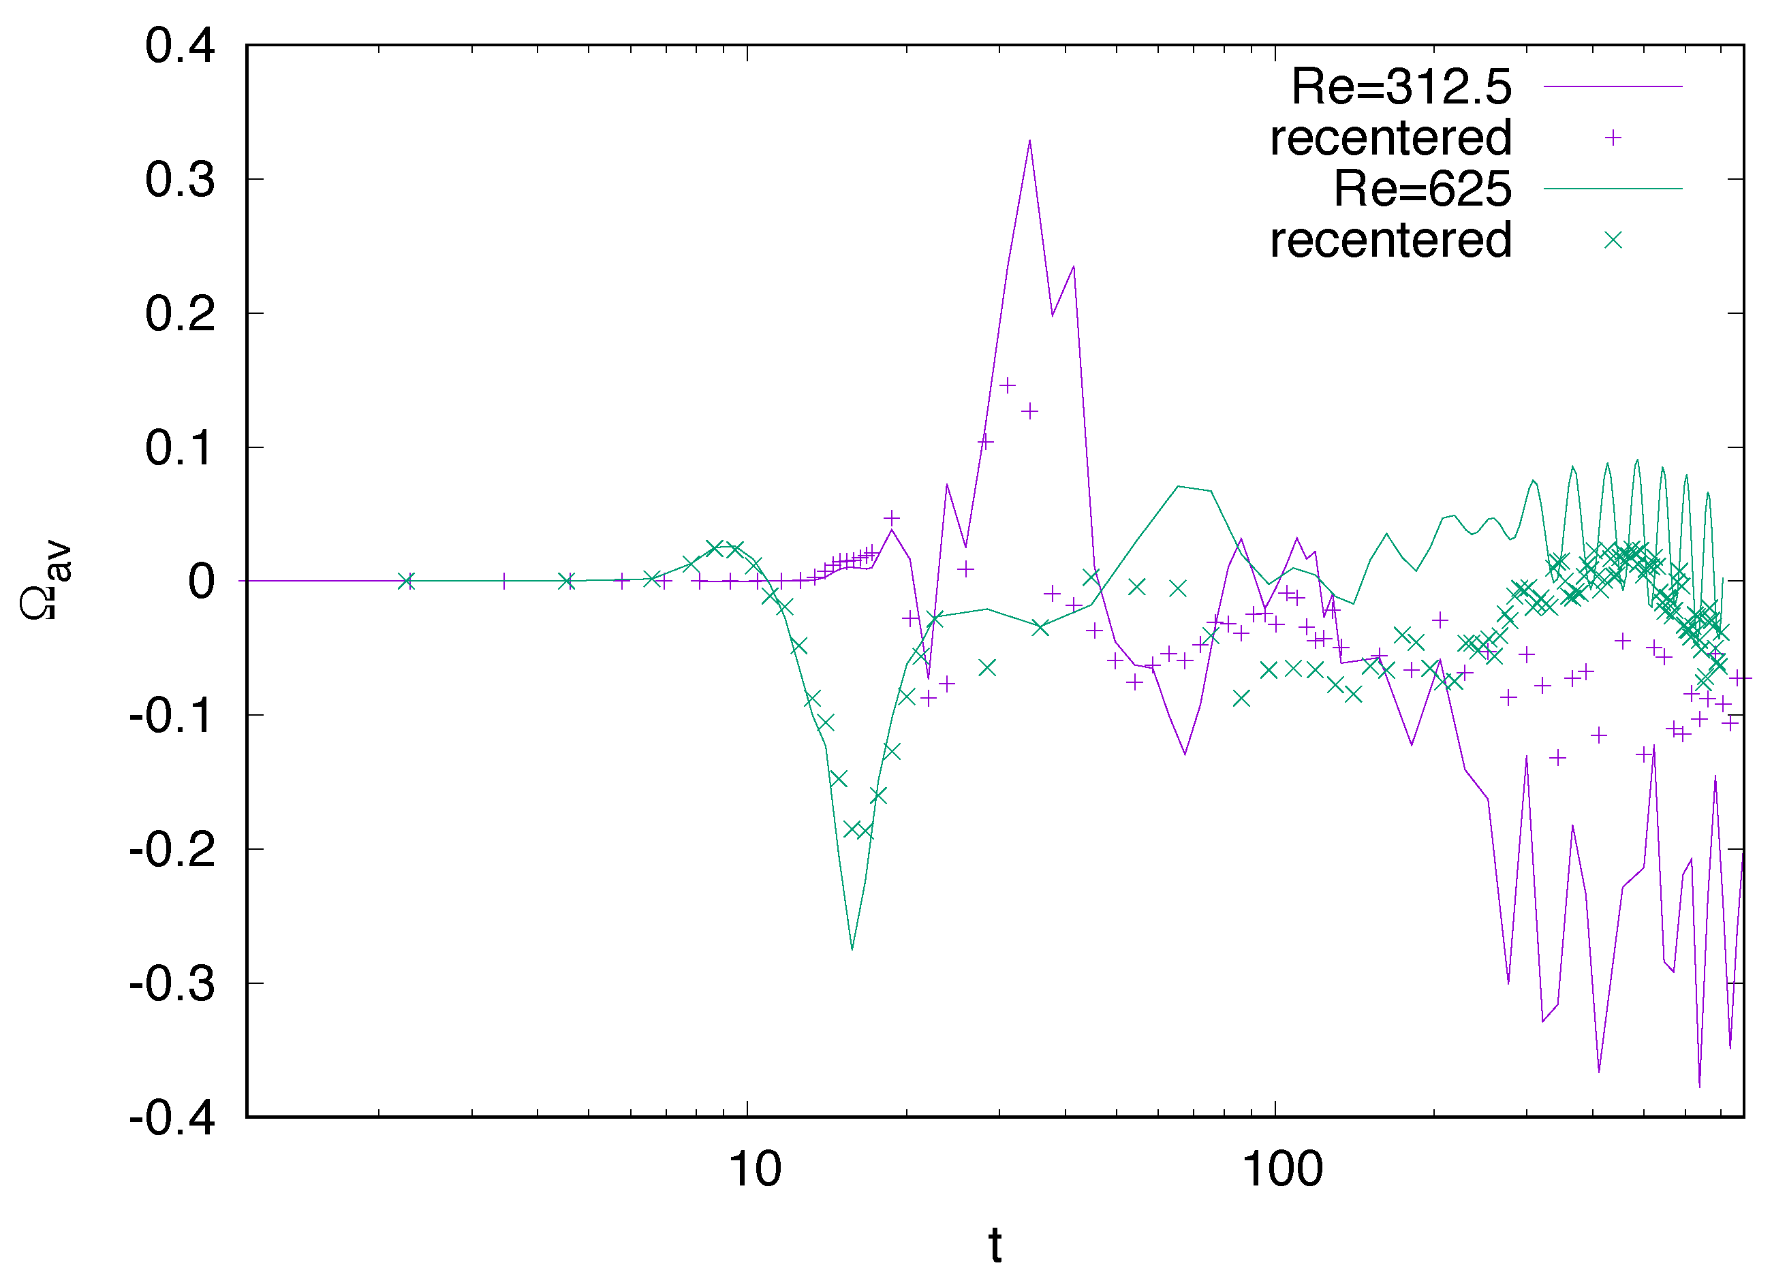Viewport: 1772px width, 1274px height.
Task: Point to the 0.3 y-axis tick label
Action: click(x=180, y=180)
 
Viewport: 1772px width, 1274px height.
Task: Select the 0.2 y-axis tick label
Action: click(x=180, y=314)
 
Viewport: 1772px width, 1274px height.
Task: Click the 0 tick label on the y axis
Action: click(x=202, y=582)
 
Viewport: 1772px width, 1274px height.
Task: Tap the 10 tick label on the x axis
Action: click(x=755, y=1169)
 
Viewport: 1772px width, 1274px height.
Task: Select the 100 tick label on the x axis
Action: click(x=1282, y=1169)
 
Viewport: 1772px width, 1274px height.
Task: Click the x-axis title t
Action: click(x=995, y=1245)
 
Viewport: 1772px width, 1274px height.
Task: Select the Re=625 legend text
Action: click(x=1423, y=189)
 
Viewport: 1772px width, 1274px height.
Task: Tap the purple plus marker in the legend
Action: click(x=1613, y=138)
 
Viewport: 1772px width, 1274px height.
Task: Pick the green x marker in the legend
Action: click(x=1613, y=240)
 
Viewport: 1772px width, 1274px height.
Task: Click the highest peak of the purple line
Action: click(x=1030, y=142)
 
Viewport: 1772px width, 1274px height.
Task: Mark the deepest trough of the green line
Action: click(x=852, y=949)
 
